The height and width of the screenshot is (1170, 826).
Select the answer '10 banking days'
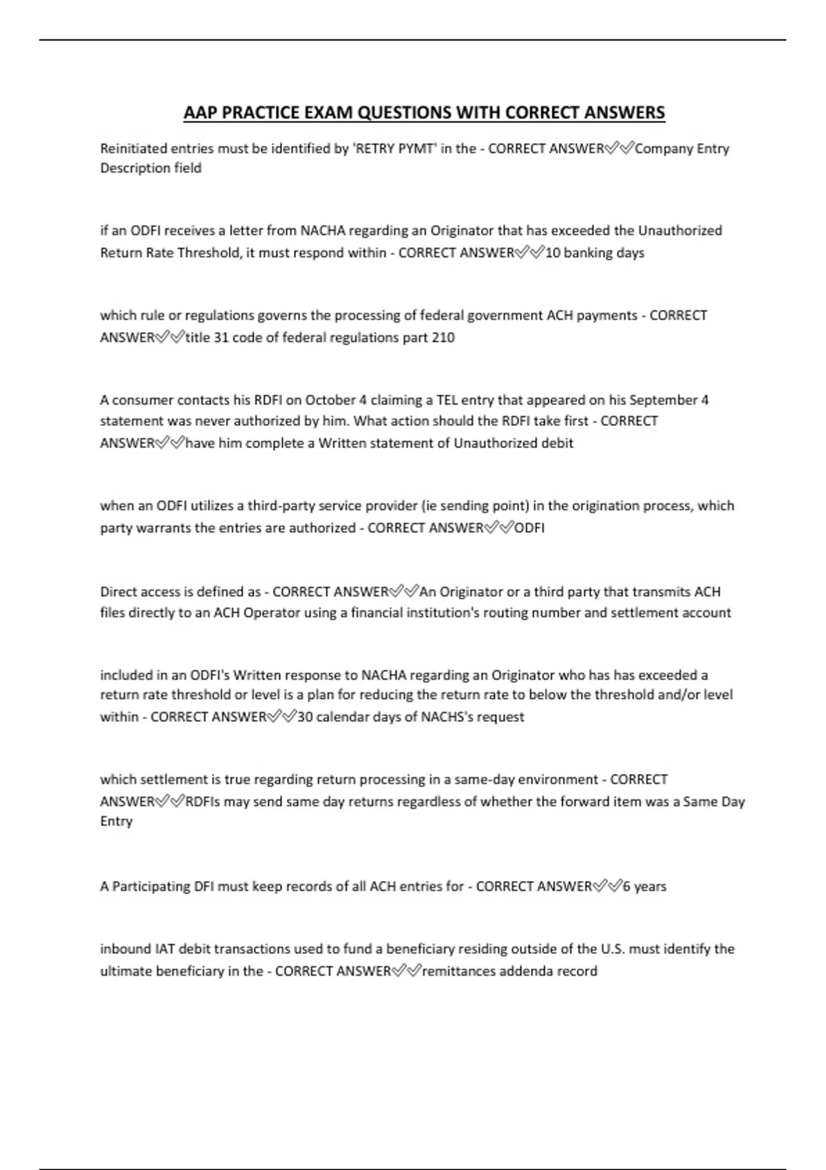[595, 253]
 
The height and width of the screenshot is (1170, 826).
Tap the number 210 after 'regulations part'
[443, 338]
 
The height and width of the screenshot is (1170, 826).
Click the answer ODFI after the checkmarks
[529, 529]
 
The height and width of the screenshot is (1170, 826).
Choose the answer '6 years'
[644, 886]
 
